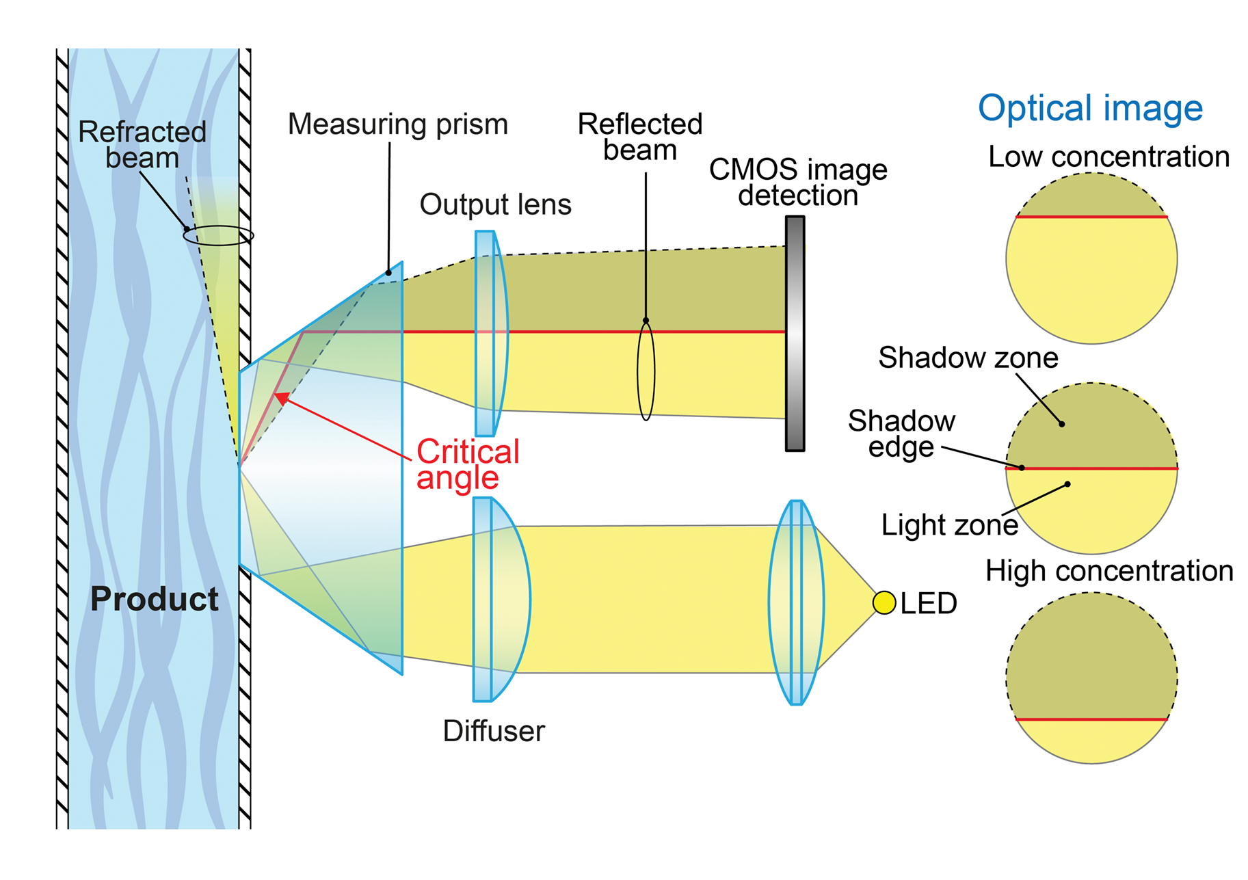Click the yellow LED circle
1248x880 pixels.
pyautogui.click(x=884, y=602)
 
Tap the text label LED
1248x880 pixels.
pyautogui.click(x=929, y=603)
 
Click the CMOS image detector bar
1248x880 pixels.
pyautogui.click(x=795, y=334)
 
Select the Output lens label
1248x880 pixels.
pyautogui.click(x=495, y=204)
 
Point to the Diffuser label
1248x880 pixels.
pyautogui.click(x=494, y=731)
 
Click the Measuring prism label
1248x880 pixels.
pyautogui.click(x=398, y=124)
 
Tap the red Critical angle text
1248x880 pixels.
pyautogui.click(x=468, y=464)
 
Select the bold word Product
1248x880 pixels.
pyautogui.click(x=155, y=599)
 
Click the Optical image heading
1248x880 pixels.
pyautogui.click(x=1090, y=108)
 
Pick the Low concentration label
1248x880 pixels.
pyautogui.click(x=1108, y=157)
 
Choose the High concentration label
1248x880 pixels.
pyautogui.click(x=1109, y=570)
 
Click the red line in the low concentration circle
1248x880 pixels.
pyautogui.click(x=1091, y=217)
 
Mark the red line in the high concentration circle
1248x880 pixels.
pyautogui.click(x=1091, y=719)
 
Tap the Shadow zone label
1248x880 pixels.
pyautogui.click(x=968, y=358)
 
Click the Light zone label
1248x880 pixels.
pyautogui.click(x=950, y=525)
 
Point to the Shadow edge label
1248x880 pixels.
pyautogui.click(x=901, y=434)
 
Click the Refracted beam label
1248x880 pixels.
pyautogui.click(x=142, y=145)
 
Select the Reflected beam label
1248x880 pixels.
pyautogui.click(x=640, y=137)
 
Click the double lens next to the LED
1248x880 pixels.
pyautogui.click(x=796, y=602)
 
